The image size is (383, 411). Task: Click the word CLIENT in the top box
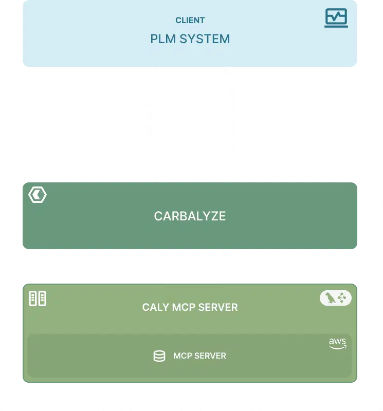(x=190, y=21)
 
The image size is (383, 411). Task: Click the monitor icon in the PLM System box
(x=336, y=18)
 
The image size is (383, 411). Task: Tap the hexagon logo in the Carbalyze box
(x=38, y=195)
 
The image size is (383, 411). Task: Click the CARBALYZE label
(x=190, y=216)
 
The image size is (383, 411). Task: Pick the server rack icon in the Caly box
(x=38, y=298)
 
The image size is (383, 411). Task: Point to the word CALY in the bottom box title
(x=153, y=308)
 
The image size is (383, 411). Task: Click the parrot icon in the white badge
(x=329, y=298)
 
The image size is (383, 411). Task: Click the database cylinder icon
(x=159, y=356)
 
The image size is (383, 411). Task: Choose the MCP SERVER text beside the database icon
(x=199, y=356)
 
